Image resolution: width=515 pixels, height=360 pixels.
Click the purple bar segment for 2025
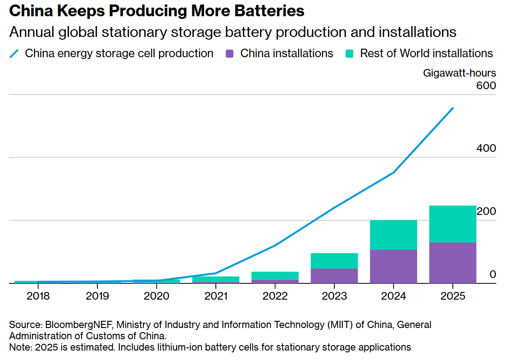(452, 263)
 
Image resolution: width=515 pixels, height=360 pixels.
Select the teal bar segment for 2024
(393, 235)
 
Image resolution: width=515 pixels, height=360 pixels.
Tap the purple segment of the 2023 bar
(334, 276)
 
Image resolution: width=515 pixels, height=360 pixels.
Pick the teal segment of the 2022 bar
(275, 275)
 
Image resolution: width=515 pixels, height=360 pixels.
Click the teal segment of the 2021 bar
(216, 279)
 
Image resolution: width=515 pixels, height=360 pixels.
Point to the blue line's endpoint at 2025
(453, 108)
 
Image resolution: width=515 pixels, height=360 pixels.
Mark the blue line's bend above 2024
(394, 173)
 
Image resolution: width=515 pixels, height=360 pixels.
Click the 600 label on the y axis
(486, 86)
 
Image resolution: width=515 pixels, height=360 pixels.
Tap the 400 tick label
(486, 148)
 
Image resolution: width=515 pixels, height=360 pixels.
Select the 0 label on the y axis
(492, 274)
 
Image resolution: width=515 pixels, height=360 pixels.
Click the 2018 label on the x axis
(38, 296)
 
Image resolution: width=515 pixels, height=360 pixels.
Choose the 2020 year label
(156, 296)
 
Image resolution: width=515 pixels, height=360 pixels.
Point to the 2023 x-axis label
(334, 296)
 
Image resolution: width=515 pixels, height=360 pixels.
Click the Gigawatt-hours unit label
(459, 73)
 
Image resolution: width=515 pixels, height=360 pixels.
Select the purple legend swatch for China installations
(230, 54)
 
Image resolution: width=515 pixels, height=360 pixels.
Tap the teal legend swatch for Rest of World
(350, 54)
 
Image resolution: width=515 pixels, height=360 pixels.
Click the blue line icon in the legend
(14, 54)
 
